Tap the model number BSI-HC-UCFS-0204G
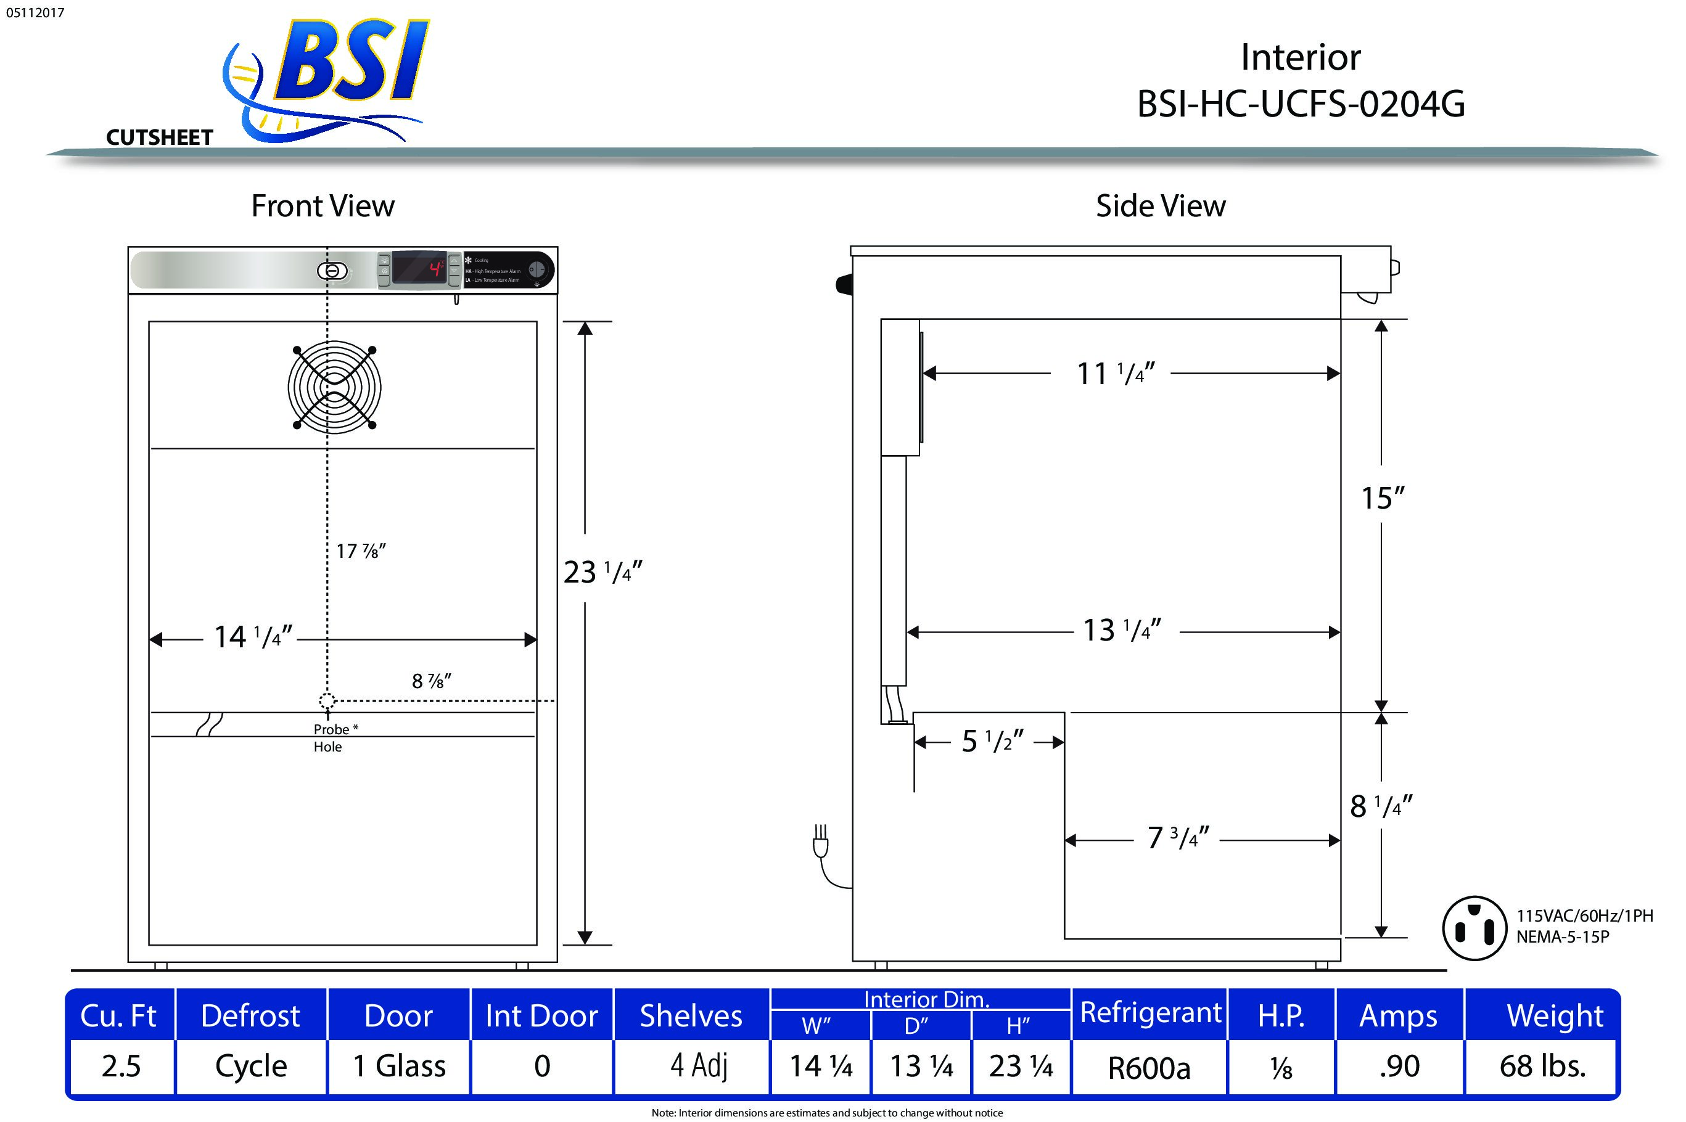tap(1301, 104)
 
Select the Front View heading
tap(323, 206)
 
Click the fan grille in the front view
tap(334, 387)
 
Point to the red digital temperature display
tap(420, 268)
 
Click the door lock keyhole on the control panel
tap(332, 271)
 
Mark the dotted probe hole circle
tap(327, 700)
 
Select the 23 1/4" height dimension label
tap(602, 571)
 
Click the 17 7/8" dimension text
tap(361, 551)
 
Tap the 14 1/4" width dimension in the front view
tap(253, 636)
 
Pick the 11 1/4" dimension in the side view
tap(1115, 374)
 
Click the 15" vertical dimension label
tap(1382, 498)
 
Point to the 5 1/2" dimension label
tap(992, 741)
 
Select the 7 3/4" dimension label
tap(1177, 837)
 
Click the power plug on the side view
tap(821, 842)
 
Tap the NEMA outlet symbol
tap(1475, 927)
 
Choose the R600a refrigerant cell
tap(1149, 1068)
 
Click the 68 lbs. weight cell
tap(1542, 1066)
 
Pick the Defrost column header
tap(250, 1016)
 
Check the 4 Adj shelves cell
tap(699, 1065)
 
